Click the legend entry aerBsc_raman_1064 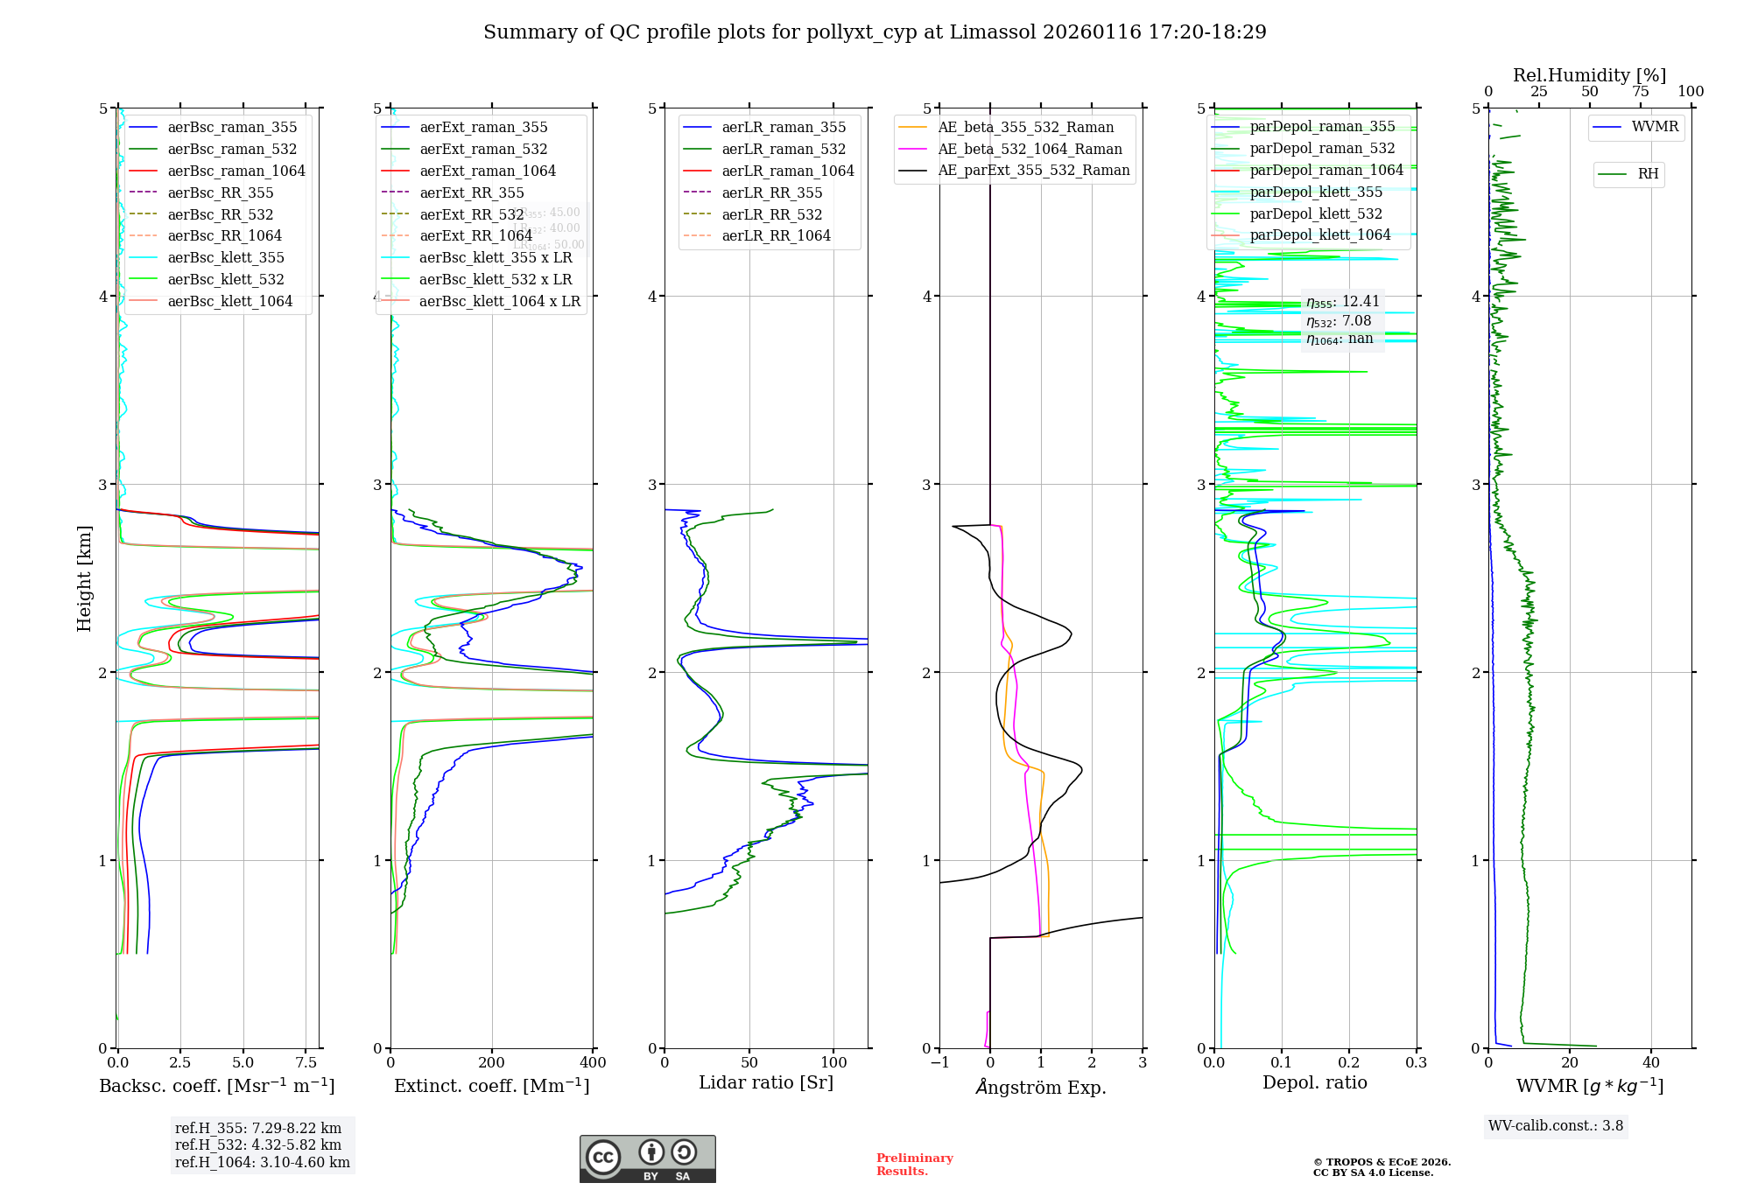pos(236,171)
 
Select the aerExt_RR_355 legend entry pos(472,192)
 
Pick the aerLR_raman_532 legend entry pos(784,149)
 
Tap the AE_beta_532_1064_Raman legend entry pos(1030,149)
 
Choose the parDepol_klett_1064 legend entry pos(1319,234)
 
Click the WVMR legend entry pos(1655,127)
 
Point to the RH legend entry pos(1648,174)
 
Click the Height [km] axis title pos(84,578)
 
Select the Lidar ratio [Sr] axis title pos(766,1082)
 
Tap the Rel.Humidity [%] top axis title pos(1589,75)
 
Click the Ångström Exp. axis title pos(1041,1087)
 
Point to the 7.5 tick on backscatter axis pos(306,1063)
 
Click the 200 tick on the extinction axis pos(492,1063)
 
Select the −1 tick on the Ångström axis pos(939,1063)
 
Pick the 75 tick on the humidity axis pos(1640,92)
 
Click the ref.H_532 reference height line pos(257,1144)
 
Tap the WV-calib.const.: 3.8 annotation pos(1556,1125)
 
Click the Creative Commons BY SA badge pos(647,1158)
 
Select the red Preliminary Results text pos(914,1164)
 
